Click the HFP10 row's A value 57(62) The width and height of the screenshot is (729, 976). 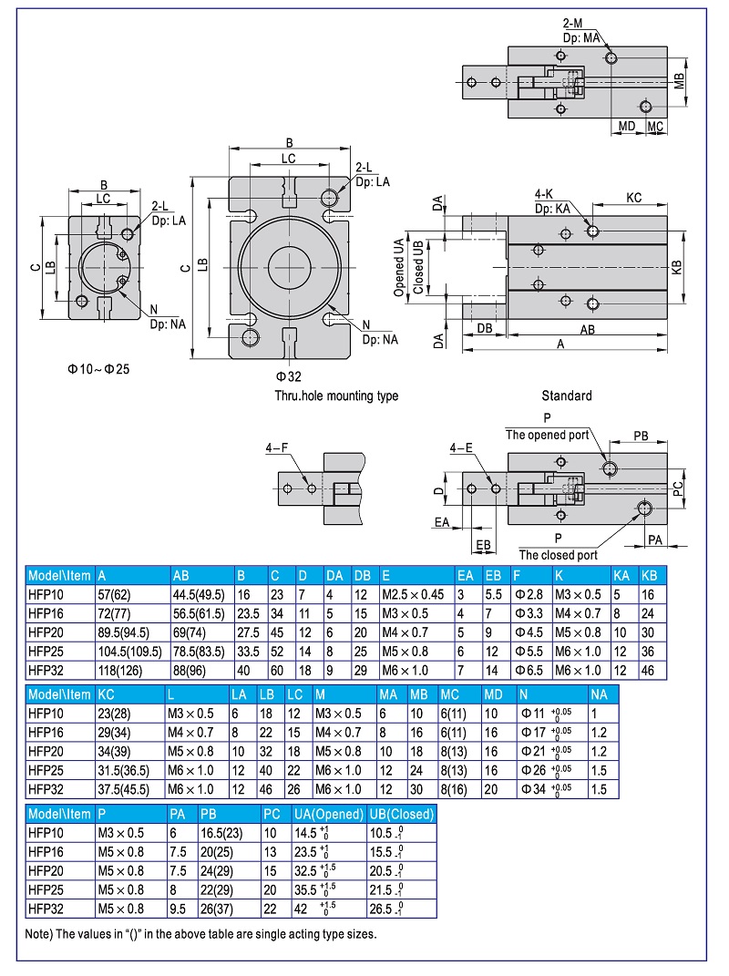[x=115, y=593]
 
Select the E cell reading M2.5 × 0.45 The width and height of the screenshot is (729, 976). [x=413, y=593]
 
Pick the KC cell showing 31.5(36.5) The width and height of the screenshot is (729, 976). [x=124, y=771]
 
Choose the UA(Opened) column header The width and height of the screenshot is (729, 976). [x=327, y=814]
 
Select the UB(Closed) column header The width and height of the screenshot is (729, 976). [x=401, y=814]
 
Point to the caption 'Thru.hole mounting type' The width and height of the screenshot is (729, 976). [x=336, y=396]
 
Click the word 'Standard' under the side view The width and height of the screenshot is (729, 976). [x=566, y=396]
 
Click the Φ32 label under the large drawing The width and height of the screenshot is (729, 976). [x=289, y=375]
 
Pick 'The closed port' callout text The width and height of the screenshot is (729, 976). [x=558, y=554]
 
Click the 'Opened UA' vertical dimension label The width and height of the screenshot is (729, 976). [x=398, y=268]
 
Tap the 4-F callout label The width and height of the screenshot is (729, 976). [x=278, y=447]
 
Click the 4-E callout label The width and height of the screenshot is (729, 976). [x=461, y=447]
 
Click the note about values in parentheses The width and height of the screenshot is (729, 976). [x=200, y=933]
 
